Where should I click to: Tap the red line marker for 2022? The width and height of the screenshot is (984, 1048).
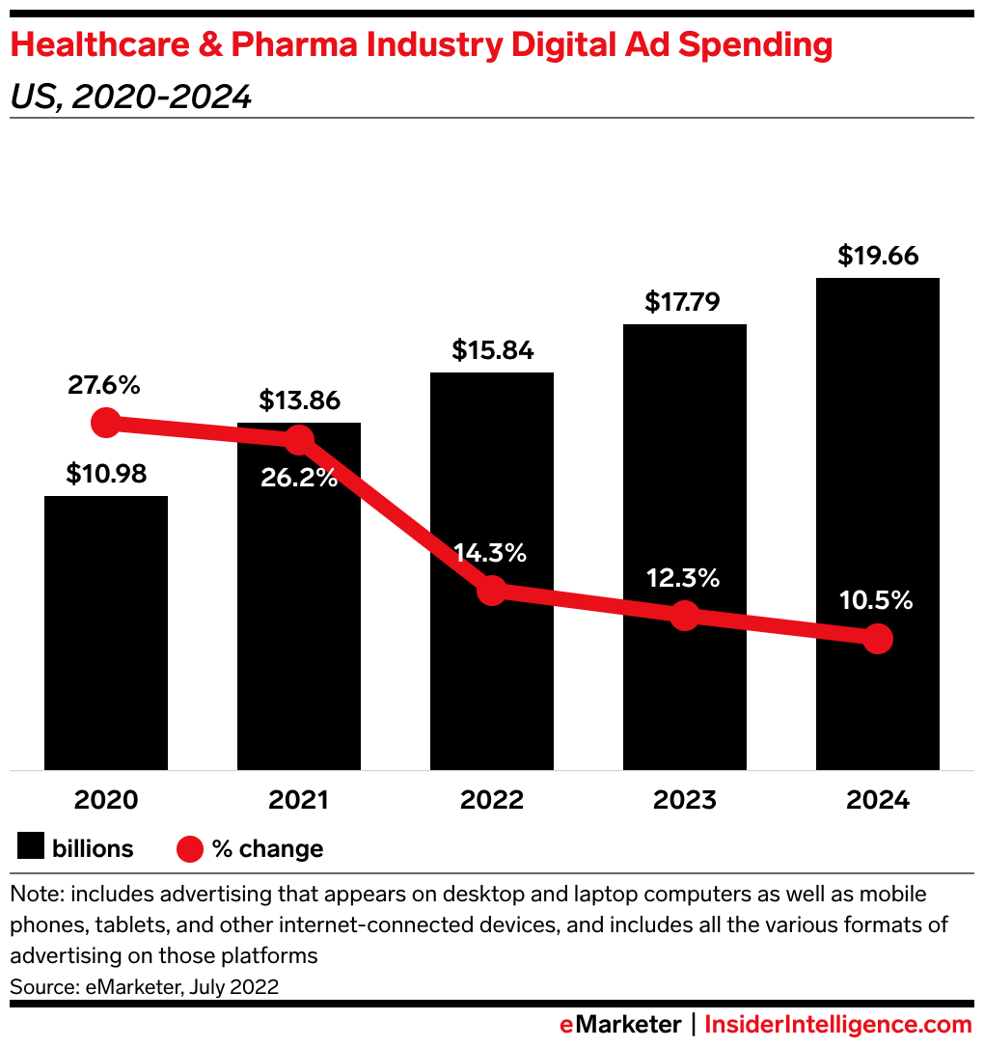pyautogui.click(x=492, y=591)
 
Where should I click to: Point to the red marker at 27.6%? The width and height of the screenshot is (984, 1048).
pyautogui.click(x=105, y=423)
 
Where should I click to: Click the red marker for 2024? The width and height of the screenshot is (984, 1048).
pyautogui.click(x=877, y=638)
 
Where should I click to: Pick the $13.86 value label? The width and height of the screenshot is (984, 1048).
pyautogui.click(x=299, y=400)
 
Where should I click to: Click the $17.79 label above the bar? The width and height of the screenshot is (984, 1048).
pyautogui.click(x=684, y=302)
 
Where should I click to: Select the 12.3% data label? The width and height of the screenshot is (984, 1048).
pyautogui.click(x=684, y=578)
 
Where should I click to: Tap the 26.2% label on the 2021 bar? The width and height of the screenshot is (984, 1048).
pyautogui.click(x=299, y=477)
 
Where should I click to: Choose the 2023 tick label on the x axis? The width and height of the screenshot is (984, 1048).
pyautogui.click(x=684, y=800)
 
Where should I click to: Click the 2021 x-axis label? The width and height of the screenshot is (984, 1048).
pyautogui.click(x=299, y=800)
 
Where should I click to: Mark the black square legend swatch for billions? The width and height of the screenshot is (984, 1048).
pyautogui.click(x=31, y=849)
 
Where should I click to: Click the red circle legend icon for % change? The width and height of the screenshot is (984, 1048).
pyautogui.click(x=190, y=849)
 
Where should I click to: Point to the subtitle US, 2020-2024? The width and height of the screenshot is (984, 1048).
pyautogui.click(x=131, y=97)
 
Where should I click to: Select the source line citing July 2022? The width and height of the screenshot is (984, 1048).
pyautogui.click(x=145, y=986)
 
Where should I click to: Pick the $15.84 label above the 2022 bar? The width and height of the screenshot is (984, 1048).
pyautogui.click(x=492, y=349)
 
